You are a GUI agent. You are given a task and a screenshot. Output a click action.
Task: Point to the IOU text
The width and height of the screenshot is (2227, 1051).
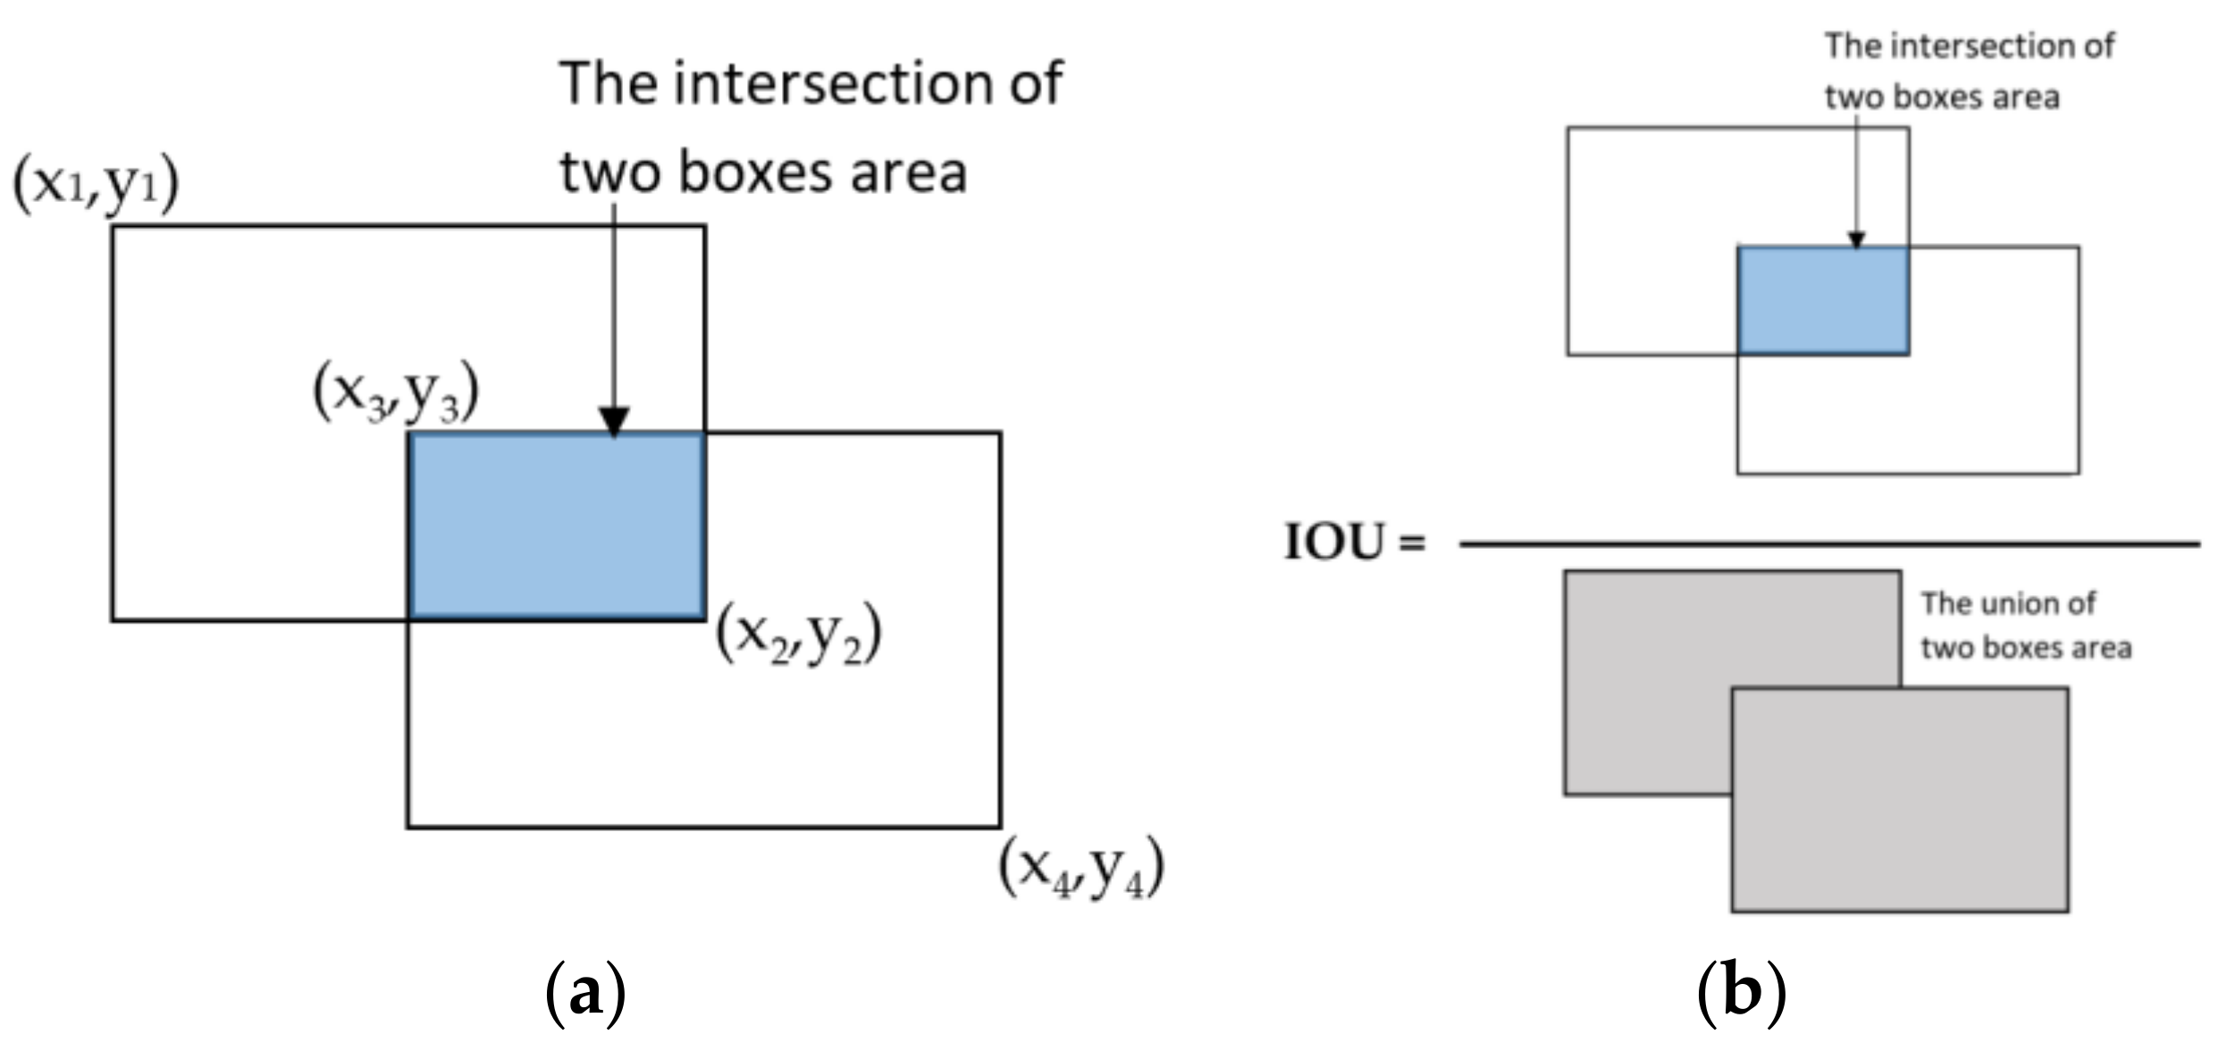(1335, 542)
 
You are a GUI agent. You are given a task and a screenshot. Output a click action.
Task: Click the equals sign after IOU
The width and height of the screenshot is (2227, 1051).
(1413, 542)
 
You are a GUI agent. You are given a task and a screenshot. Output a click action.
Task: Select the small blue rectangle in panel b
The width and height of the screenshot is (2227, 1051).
(1823, 301)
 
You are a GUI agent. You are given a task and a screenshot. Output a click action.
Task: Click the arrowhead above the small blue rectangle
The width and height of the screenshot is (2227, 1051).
(1856, 240)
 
